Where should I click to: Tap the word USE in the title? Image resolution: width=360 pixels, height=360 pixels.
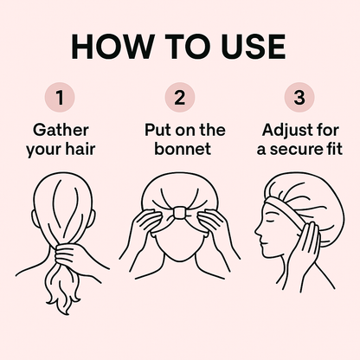[254, 47]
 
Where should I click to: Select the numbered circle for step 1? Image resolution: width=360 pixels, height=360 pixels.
[60, 98]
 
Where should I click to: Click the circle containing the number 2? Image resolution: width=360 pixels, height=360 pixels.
[180, 98]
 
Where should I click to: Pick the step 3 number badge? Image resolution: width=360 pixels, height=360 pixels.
[299, 98]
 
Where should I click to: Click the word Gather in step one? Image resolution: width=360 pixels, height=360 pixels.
[61, 130]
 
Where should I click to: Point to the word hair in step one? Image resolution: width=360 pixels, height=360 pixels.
[80, 149]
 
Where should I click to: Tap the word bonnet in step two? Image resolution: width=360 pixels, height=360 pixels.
[183, 149]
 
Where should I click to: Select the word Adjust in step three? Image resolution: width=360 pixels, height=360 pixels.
[285, 131]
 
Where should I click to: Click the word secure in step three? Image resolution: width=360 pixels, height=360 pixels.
[301, 150]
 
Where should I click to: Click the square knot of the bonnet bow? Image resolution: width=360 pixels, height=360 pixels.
[180, 214]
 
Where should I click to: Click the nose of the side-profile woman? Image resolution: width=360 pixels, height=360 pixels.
[257, 231]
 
